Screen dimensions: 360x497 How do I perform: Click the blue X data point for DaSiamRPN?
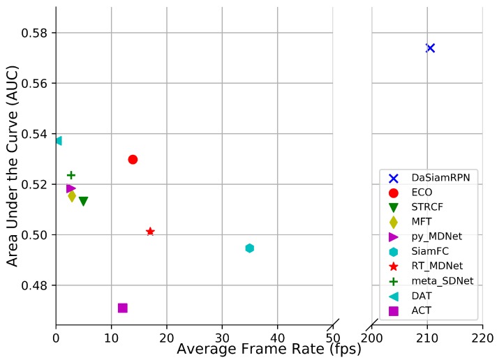[430, 47]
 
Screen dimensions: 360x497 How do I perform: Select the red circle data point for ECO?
[133, 159]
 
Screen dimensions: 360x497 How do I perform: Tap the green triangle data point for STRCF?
[83, 202]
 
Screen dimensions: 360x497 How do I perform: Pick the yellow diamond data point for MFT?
[72, 196]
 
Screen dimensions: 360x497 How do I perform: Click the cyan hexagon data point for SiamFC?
[249, 248]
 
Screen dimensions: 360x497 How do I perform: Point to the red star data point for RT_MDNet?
[150, 232]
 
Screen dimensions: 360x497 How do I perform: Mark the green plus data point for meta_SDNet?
[71, 175]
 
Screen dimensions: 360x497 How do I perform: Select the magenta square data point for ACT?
[122, 308]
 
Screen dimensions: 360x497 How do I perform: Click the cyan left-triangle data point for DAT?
[58, 141]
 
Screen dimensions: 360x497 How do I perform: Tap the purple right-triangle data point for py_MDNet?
[71, 188]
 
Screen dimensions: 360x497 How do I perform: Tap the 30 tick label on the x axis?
[222, 338]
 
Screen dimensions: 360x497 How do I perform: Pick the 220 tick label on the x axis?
[482, 338]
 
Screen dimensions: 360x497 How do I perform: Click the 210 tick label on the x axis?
[427, 338]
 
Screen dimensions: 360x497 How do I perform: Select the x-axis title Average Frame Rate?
[269, 349]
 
